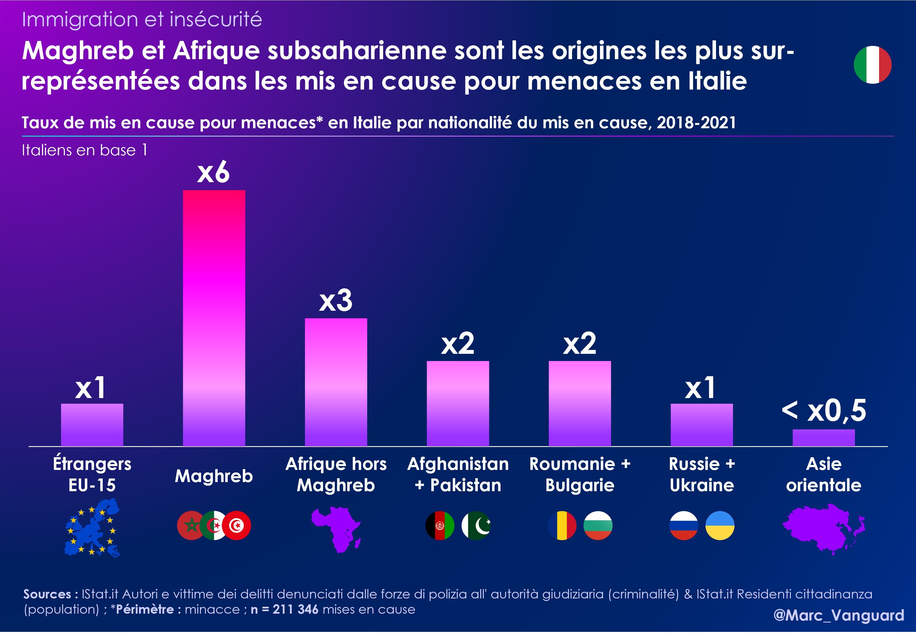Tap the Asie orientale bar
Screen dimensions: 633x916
(824, 438)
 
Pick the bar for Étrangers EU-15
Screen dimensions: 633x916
(92, 425)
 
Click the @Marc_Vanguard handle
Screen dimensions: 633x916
(839, 615)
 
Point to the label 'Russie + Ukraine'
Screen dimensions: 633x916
(702, 474)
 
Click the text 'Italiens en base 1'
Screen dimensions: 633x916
(85, 150)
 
